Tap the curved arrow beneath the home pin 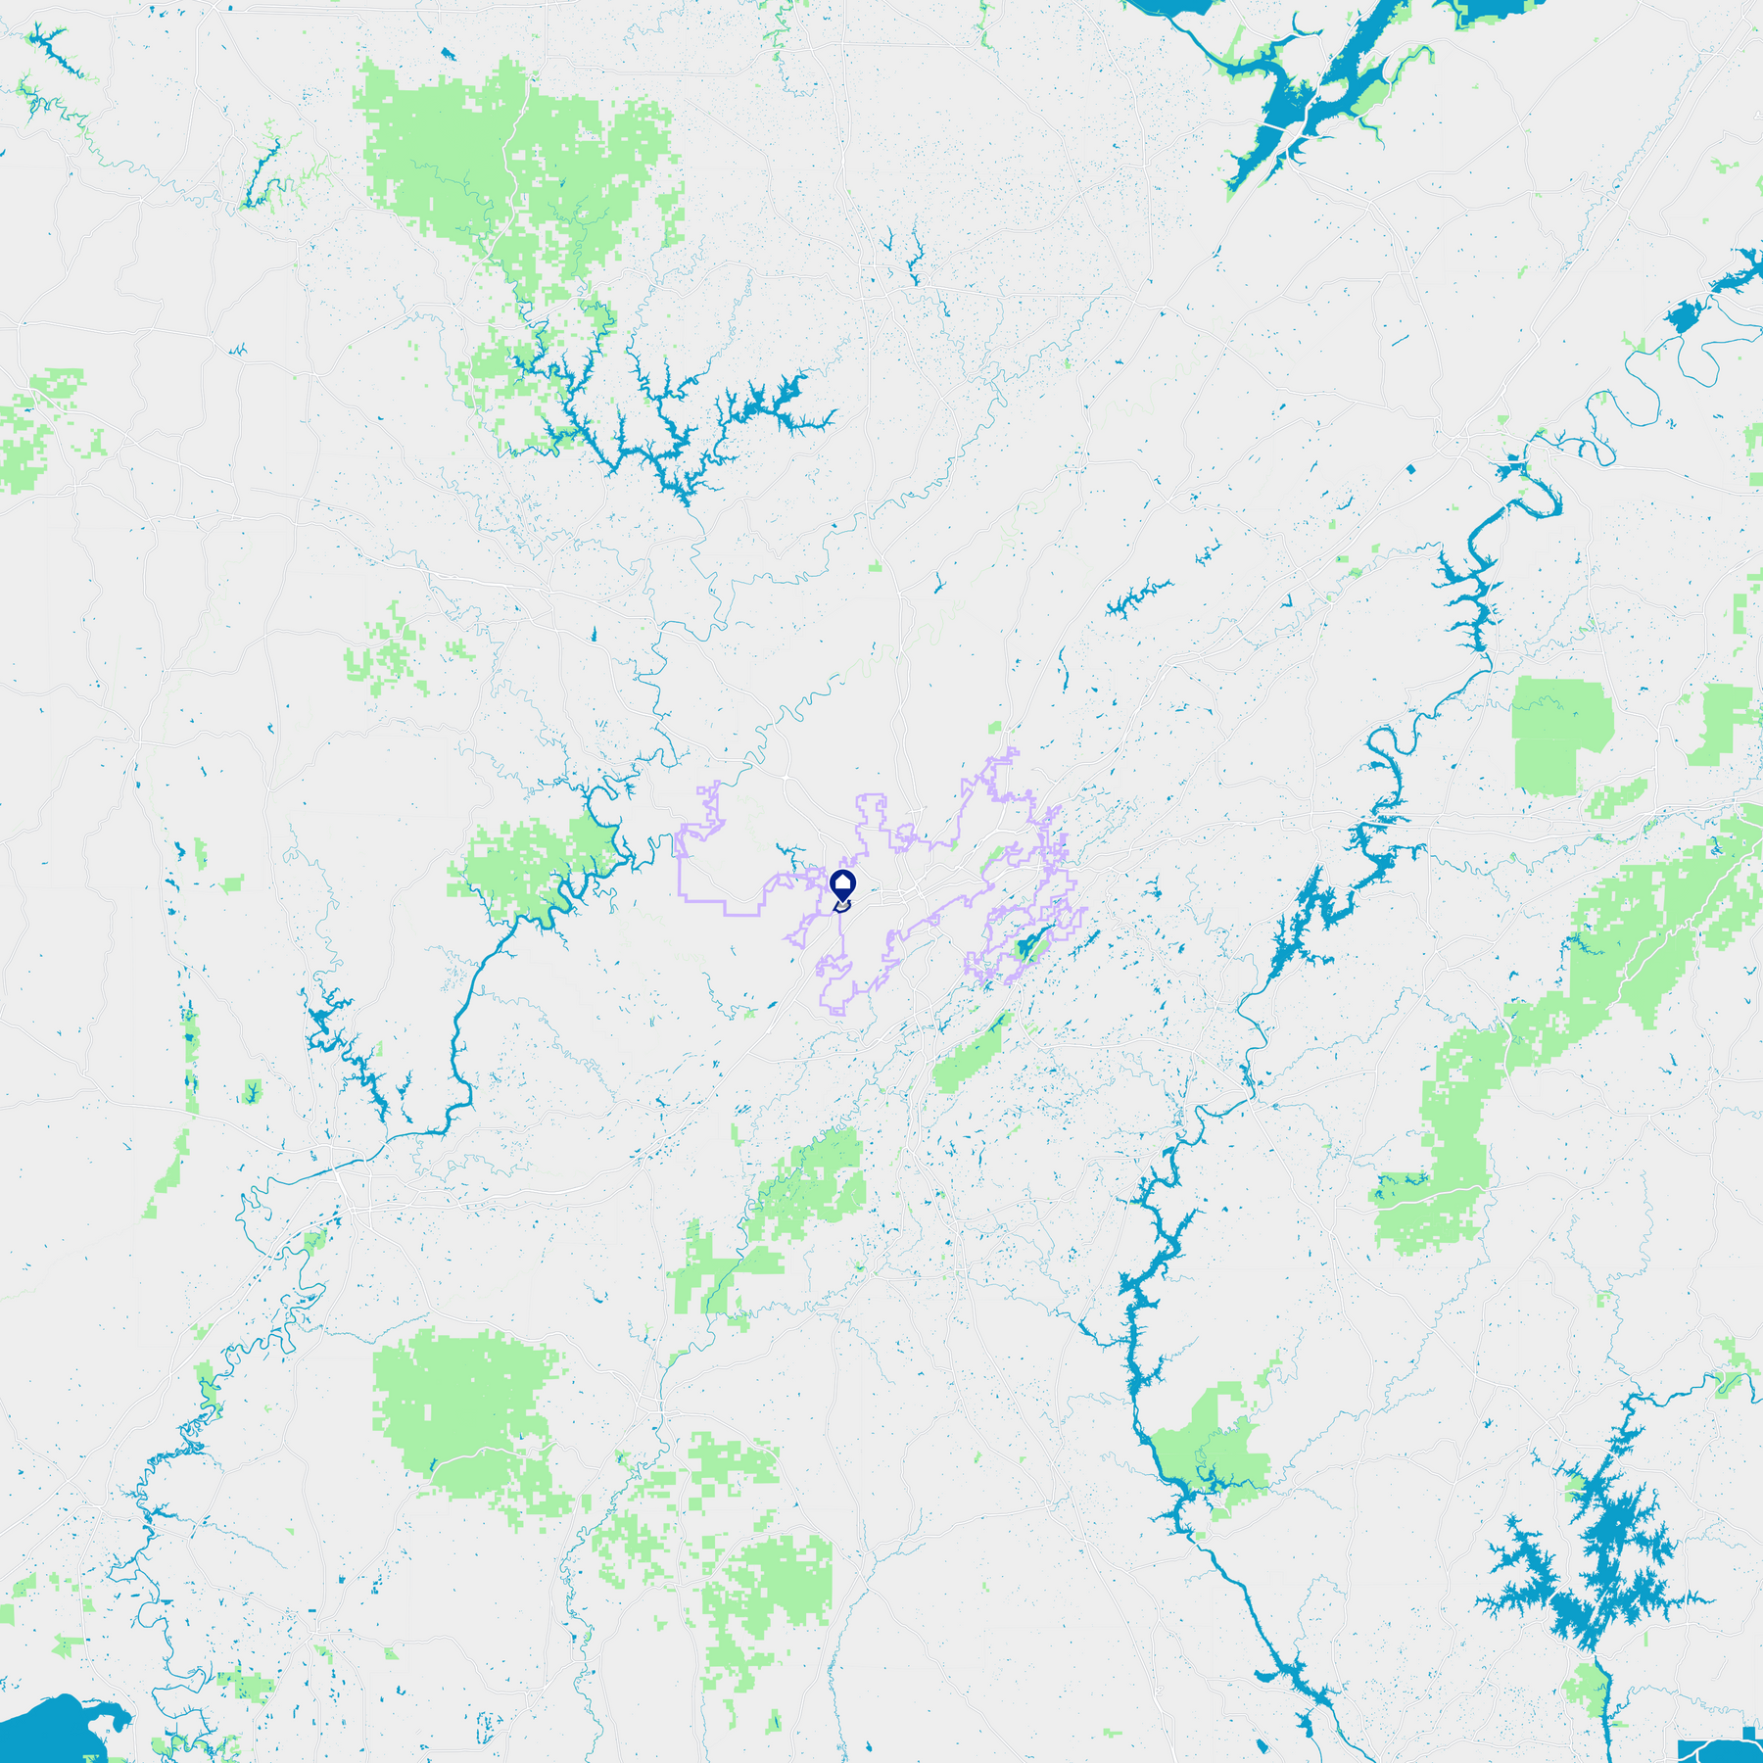[x=842, y=908]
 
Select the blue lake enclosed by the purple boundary [x=1027, y=947]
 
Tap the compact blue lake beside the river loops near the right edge [x=1685, y=316]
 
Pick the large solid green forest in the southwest [x=460, y=1410]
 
